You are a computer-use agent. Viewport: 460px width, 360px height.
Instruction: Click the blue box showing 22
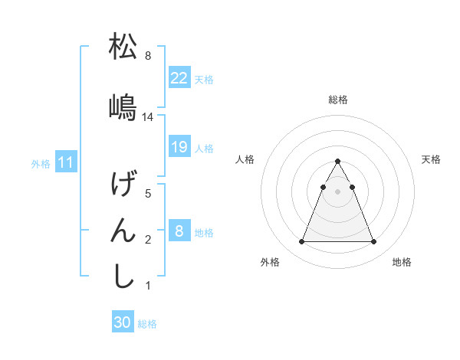pos(179,78)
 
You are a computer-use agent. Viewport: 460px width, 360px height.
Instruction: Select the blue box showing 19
pos(179,147)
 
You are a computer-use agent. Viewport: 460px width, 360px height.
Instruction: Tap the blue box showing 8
pos(179,231)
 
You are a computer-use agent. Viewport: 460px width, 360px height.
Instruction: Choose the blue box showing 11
pos(66,162)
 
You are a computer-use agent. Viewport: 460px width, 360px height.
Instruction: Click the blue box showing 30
pos(123,323)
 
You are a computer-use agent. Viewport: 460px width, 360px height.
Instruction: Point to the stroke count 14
pos(148,116)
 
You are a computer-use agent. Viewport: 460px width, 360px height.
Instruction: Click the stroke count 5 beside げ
pos(148,194)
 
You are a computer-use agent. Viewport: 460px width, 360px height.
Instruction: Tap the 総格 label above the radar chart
pos(338,100)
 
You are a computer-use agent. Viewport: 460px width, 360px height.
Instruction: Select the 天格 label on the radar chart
pos(432,159)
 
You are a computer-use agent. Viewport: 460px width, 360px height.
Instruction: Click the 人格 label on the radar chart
pos(245,159)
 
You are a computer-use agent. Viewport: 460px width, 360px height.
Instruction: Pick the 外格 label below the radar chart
pos(270,262)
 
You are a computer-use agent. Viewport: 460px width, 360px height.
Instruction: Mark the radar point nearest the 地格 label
pos(374,242)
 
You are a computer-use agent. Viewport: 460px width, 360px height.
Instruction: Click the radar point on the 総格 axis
pos(338,161)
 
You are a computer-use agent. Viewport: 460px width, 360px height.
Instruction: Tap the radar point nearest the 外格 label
pos(301,242)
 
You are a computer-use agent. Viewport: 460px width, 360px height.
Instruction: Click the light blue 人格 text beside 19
pos(204,148)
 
